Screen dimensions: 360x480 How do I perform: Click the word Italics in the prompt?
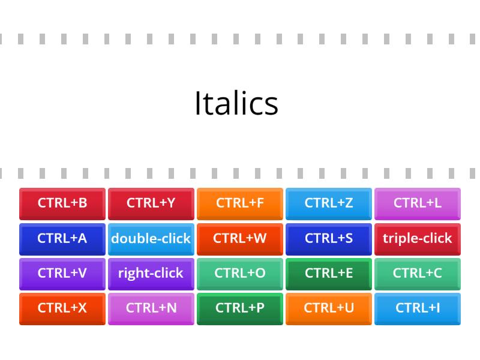coord(236,103)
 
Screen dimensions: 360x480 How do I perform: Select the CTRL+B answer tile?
coord(62,203)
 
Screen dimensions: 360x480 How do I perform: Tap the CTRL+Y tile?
coord(151,203)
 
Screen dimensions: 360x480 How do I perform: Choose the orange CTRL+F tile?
coord(240,203)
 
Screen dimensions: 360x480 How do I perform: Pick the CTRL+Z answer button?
coord(329,203)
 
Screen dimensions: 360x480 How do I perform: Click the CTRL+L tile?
coord(418,203)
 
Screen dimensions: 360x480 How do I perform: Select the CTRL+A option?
coord(62,238)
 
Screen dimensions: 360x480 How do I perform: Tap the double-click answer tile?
coord(151,238)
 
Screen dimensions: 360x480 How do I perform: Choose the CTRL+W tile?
coord(240,238)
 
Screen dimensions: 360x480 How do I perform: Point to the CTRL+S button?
coord(329,238)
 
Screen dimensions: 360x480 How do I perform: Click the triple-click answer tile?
coord(418,238)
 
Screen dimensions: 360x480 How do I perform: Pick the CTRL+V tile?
coord(62,273)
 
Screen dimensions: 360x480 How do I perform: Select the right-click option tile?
coord(151,273)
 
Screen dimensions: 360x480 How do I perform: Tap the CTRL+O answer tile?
coord(240,273)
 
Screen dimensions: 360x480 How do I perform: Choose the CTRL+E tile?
coord(329,273)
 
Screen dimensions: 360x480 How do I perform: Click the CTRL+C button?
coord(418,273)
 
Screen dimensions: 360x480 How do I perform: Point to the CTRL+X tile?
coord(62,308)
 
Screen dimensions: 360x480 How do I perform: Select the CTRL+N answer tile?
coord(151,308)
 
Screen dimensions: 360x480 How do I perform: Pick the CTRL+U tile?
coord(329,308)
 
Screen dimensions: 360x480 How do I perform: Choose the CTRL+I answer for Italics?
coord(418,308)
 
